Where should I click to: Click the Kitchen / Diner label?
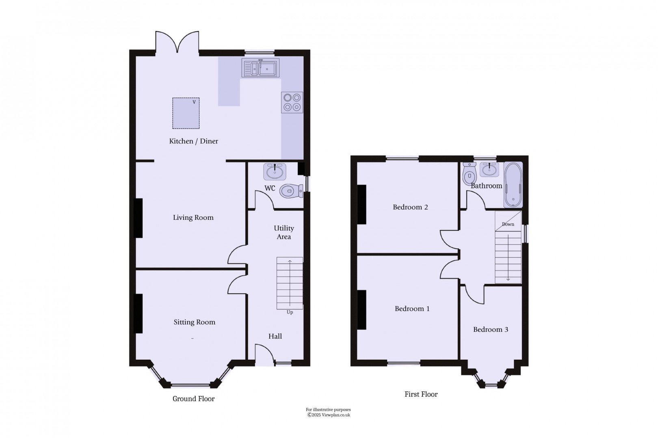coord(193,141)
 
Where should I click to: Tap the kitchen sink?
coord(260,68)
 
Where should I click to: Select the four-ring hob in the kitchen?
coord(292,102)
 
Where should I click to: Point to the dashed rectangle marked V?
coord(186,113)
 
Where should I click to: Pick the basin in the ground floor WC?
coord(275,172)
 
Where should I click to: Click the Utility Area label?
coord(284,232)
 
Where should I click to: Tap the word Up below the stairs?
coord(290,312)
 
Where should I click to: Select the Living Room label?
coord(193,217)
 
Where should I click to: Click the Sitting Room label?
coord(194,322)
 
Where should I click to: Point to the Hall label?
coord(275,336)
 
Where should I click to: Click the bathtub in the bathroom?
coord(513,185)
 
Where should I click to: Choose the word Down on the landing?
coord(508,224)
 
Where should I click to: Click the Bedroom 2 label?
coord(410,207)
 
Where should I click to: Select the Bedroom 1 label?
coord(412,309)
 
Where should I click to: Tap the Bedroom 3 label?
coord(490,329)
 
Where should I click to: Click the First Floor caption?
coord(421,394)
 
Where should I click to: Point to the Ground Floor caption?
coord(193,399)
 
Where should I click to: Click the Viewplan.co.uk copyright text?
coord(328,415)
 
